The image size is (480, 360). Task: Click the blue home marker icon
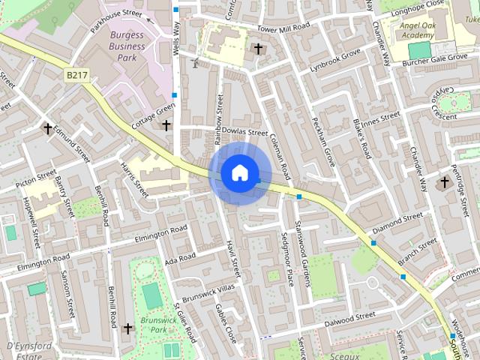pyautogui.click(x=239, y=173)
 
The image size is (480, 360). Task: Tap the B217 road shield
pyautogui.click(x=76, y=75)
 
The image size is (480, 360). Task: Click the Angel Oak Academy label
pyautogui.click(x=418, y=29)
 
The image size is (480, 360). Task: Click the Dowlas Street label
pyautogui.click(x=241, y=132)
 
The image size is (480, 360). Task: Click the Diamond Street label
pyautogui.click(x=397, y=223)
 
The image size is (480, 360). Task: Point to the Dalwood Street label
pyautogui.click(x=350, y=317)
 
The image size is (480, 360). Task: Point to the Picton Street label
pyautogui.click(x=35, y=178)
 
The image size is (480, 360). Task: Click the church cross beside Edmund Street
pyautogui.click(x=48, y=129)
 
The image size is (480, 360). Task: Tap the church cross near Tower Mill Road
pyautogui.click(x=259, y=49)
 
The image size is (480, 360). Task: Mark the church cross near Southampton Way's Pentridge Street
pyautogui.click(x=445, y=182)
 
